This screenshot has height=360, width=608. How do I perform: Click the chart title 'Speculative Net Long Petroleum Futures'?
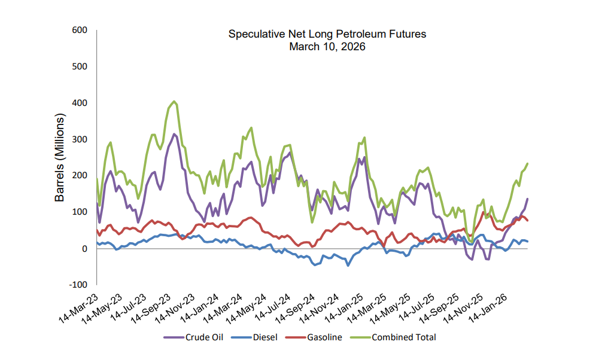(x=327, y=34)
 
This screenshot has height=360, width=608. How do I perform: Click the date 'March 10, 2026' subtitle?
(x=327, y=46)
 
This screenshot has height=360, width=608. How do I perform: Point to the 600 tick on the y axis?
(x=79, y=30)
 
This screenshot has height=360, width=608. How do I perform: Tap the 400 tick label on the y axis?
(x=79, y=103)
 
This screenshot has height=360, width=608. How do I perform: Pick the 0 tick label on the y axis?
(x=84, y=248)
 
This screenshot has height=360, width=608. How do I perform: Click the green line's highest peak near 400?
(x=174, y=102)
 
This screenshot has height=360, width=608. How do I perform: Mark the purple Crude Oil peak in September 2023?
(x=174, y=134)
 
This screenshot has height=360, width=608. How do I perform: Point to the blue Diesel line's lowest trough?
(x=348, y=265)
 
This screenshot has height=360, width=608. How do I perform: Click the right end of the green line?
(x=527, y=163)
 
